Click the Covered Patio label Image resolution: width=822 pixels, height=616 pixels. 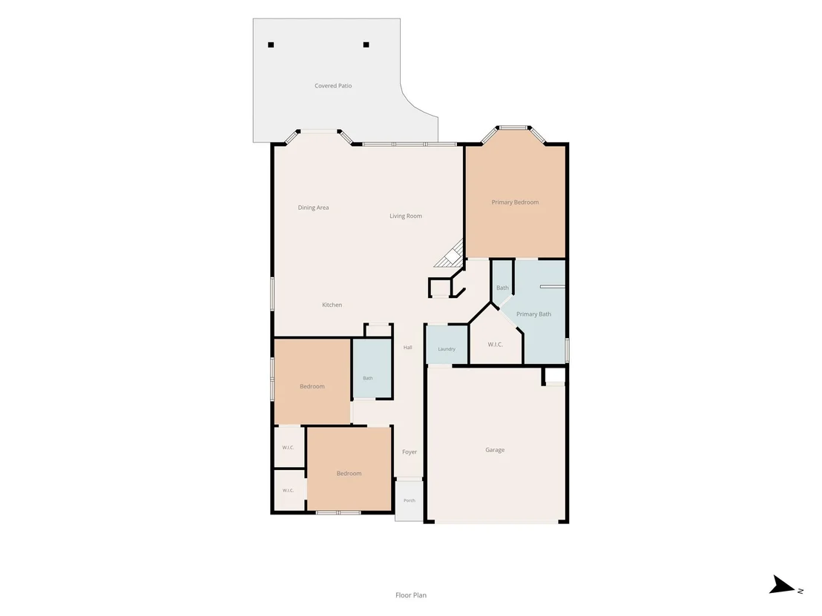[333, 85]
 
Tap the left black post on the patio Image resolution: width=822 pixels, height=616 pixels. [271, 45]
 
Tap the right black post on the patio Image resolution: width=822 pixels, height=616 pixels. [366, 45]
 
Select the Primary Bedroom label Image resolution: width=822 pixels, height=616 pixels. [515, 202]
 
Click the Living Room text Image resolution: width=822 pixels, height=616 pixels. [406, 216]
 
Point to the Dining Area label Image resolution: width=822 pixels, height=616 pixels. [314, 208]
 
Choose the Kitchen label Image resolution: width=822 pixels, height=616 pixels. [332, 305]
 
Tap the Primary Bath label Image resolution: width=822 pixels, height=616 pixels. [533, 314]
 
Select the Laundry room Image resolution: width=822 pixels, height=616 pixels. [447, 345]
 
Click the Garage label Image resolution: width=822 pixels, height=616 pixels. [495, 450]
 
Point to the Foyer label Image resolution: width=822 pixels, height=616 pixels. [410, 452]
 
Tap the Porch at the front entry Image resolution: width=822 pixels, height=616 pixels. [410, 500]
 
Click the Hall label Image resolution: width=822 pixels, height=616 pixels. [408, 347]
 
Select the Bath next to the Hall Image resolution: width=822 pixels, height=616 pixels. [372, 368]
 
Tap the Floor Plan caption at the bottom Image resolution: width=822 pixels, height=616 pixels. [411, 595]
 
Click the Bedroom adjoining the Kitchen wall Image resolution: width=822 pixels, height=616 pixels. [312, 381]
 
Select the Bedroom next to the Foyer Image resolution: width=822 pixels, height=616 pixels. [349, 468]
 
